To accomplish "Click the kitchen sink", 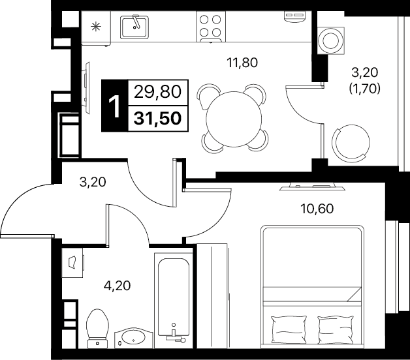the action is click(x=134, y=27).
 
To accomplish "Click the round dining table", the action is click(x=234, y=119).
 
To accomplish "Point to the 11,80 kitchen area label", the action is click(x=242, y=63).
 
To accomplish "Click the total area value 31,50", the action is click(x=158, y=118).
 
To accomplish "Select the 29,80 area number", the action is click(x=158, y=92).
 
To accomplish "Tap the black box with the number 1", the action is click(x=114, y=105).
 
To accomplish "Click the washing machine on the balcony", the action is click(x=331, y=40).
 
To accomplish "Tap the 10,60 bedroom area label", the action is click(x=317, y=209).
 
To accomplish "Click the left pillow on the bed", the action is click(x=289, y=329).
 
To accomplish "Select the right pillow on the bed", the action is click(x=336, y=329).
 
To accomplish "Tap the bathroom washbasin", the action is click(x=134, y=338).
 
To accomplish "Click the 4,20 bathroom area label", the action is click(x=117, y=286).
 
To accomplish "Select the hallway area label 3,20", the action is click(x=93, y=182).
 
